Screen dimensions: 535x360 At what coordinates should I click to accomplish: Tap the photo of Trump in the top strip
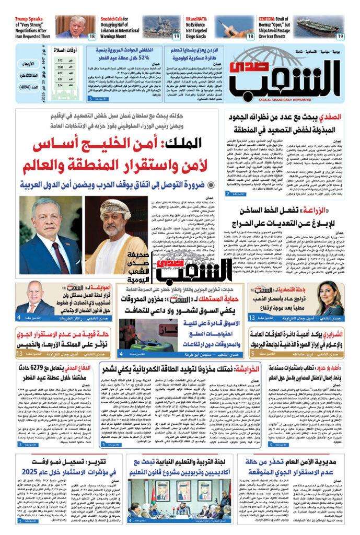pos(74,26)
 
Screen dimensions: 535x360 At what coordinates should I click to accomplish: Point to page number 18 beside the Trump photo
pos(92,36)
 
